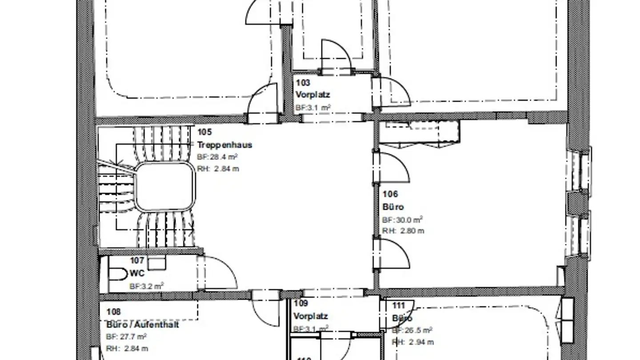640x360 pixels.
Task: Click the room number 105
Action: pos(204,132)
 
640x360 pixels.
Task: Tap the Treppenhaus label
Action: pos(224,145)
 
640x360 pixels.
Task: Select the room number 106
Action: pos(390,194)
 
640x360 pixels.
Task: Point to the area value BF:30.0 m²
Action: pos(402,220)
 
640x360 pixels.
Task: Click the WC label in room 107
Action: pos(137,273)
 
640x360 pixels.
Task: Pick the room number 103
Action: pos(303,83)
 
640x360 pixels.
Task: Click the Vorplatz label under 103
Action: pos(313,95)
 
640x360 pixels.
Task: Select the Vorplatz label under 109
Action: pos(310,316)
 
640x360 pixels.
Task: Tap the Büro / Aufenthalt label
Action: pos(143,324)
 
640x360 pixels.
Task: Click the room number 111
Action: pos(399,306)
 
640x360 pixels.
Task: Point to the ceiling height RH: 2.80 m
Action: pos(403,231)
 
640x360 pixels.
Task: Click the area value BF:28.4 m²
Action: pos(217,157)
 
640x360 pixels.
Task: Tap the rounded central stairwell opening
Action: pos(165,187)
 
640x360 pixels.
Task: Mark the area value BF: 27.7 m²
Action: pos(127,337)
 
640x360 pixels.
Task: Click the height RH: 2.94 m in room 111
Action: pos(412,342)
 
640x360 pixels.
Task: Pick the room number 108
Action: pos(113,312)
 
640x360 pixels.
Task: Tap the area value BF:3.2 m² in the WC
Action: pos(147,286)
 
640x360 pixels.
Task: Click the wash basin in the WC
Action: pos(156,263)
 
